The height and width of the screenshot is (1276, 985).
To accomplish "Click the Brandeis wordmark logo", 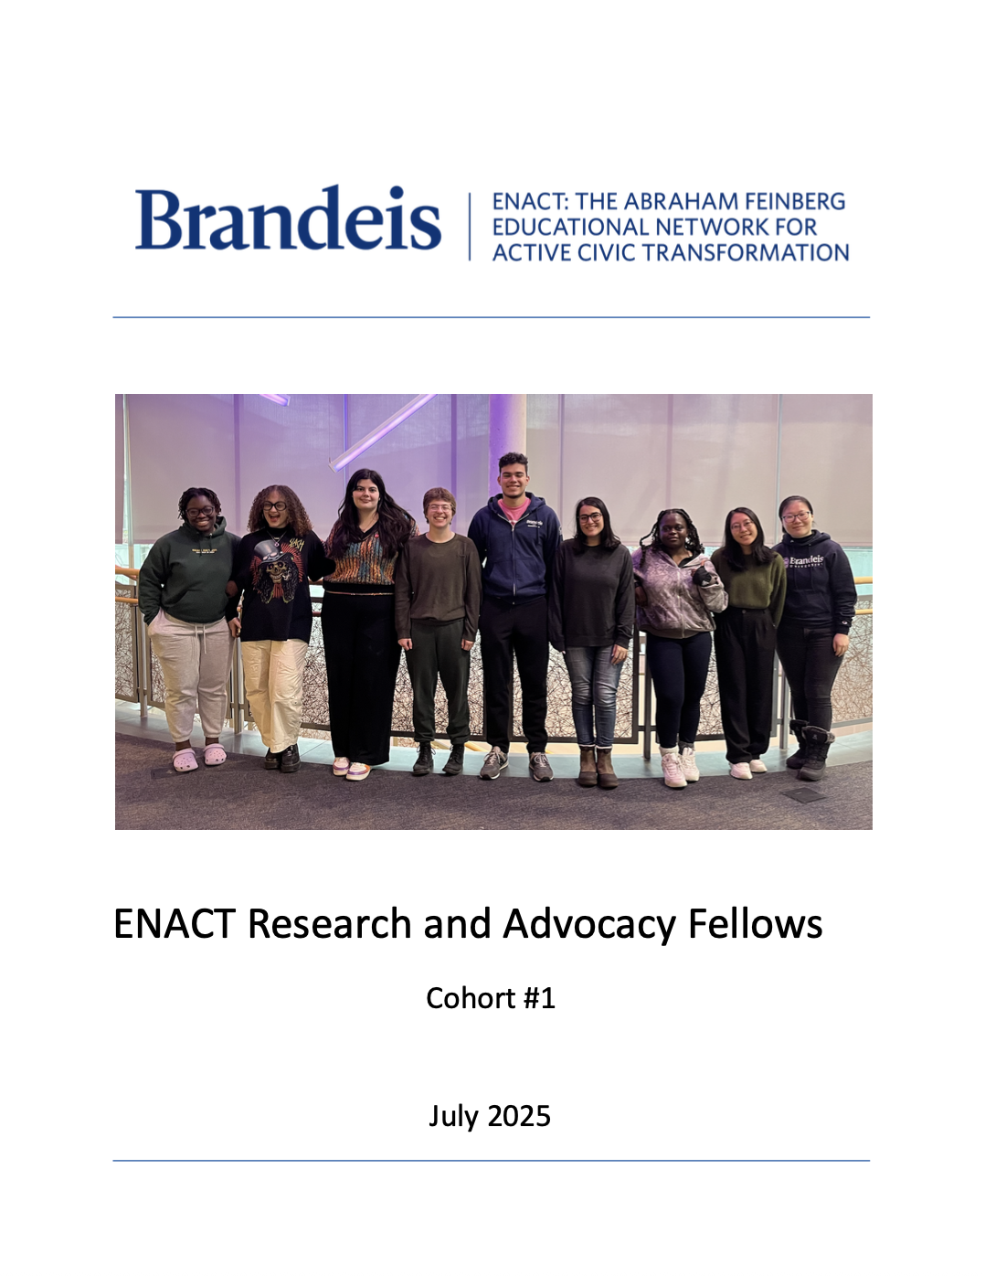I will click(288, 219).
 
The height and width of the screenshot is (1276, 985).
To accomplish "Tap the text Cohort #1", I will click(491, 998).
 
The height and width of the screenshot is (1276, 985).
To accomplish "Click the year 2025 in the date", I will click(518, 1116).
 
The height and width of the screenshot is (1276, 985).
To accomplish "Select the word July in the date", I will click(453, 1116).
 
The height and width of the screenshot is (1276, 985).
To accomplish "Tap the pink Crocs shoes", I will click(199, 757).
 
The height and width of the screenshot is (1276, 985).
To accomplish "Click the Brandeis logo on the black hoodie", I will click(805, 560).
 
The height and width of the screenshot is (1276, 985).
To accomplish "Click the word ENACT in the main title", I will click(175, 924).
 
